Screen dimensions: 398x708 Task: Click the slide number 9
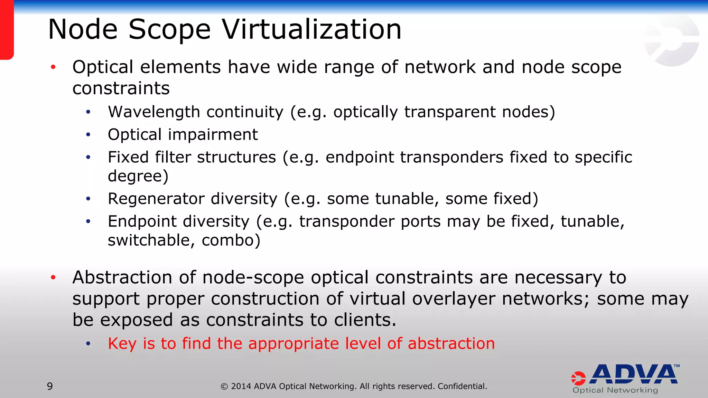click(x=50, y=386)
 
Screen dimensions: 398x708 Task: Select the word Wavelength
click(x=154, y=112)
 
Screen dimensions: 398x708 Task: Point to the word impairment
click(x=213, y=134)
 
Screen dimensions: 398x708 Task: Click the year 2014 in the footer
click(x=241, y=386)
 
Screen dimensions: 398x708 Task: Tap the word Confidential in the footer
click(x=462, y=386)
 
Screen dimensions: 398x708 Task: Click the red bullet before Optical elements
click(x=53, y=67)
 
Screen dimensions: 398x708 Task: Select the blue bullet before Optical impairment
click(x=88, y=134)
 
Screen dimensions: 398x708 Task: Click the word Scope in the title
click(x=169, y=29)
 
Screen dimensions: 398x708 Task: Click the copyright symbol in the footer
click(x=224, y=387)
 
